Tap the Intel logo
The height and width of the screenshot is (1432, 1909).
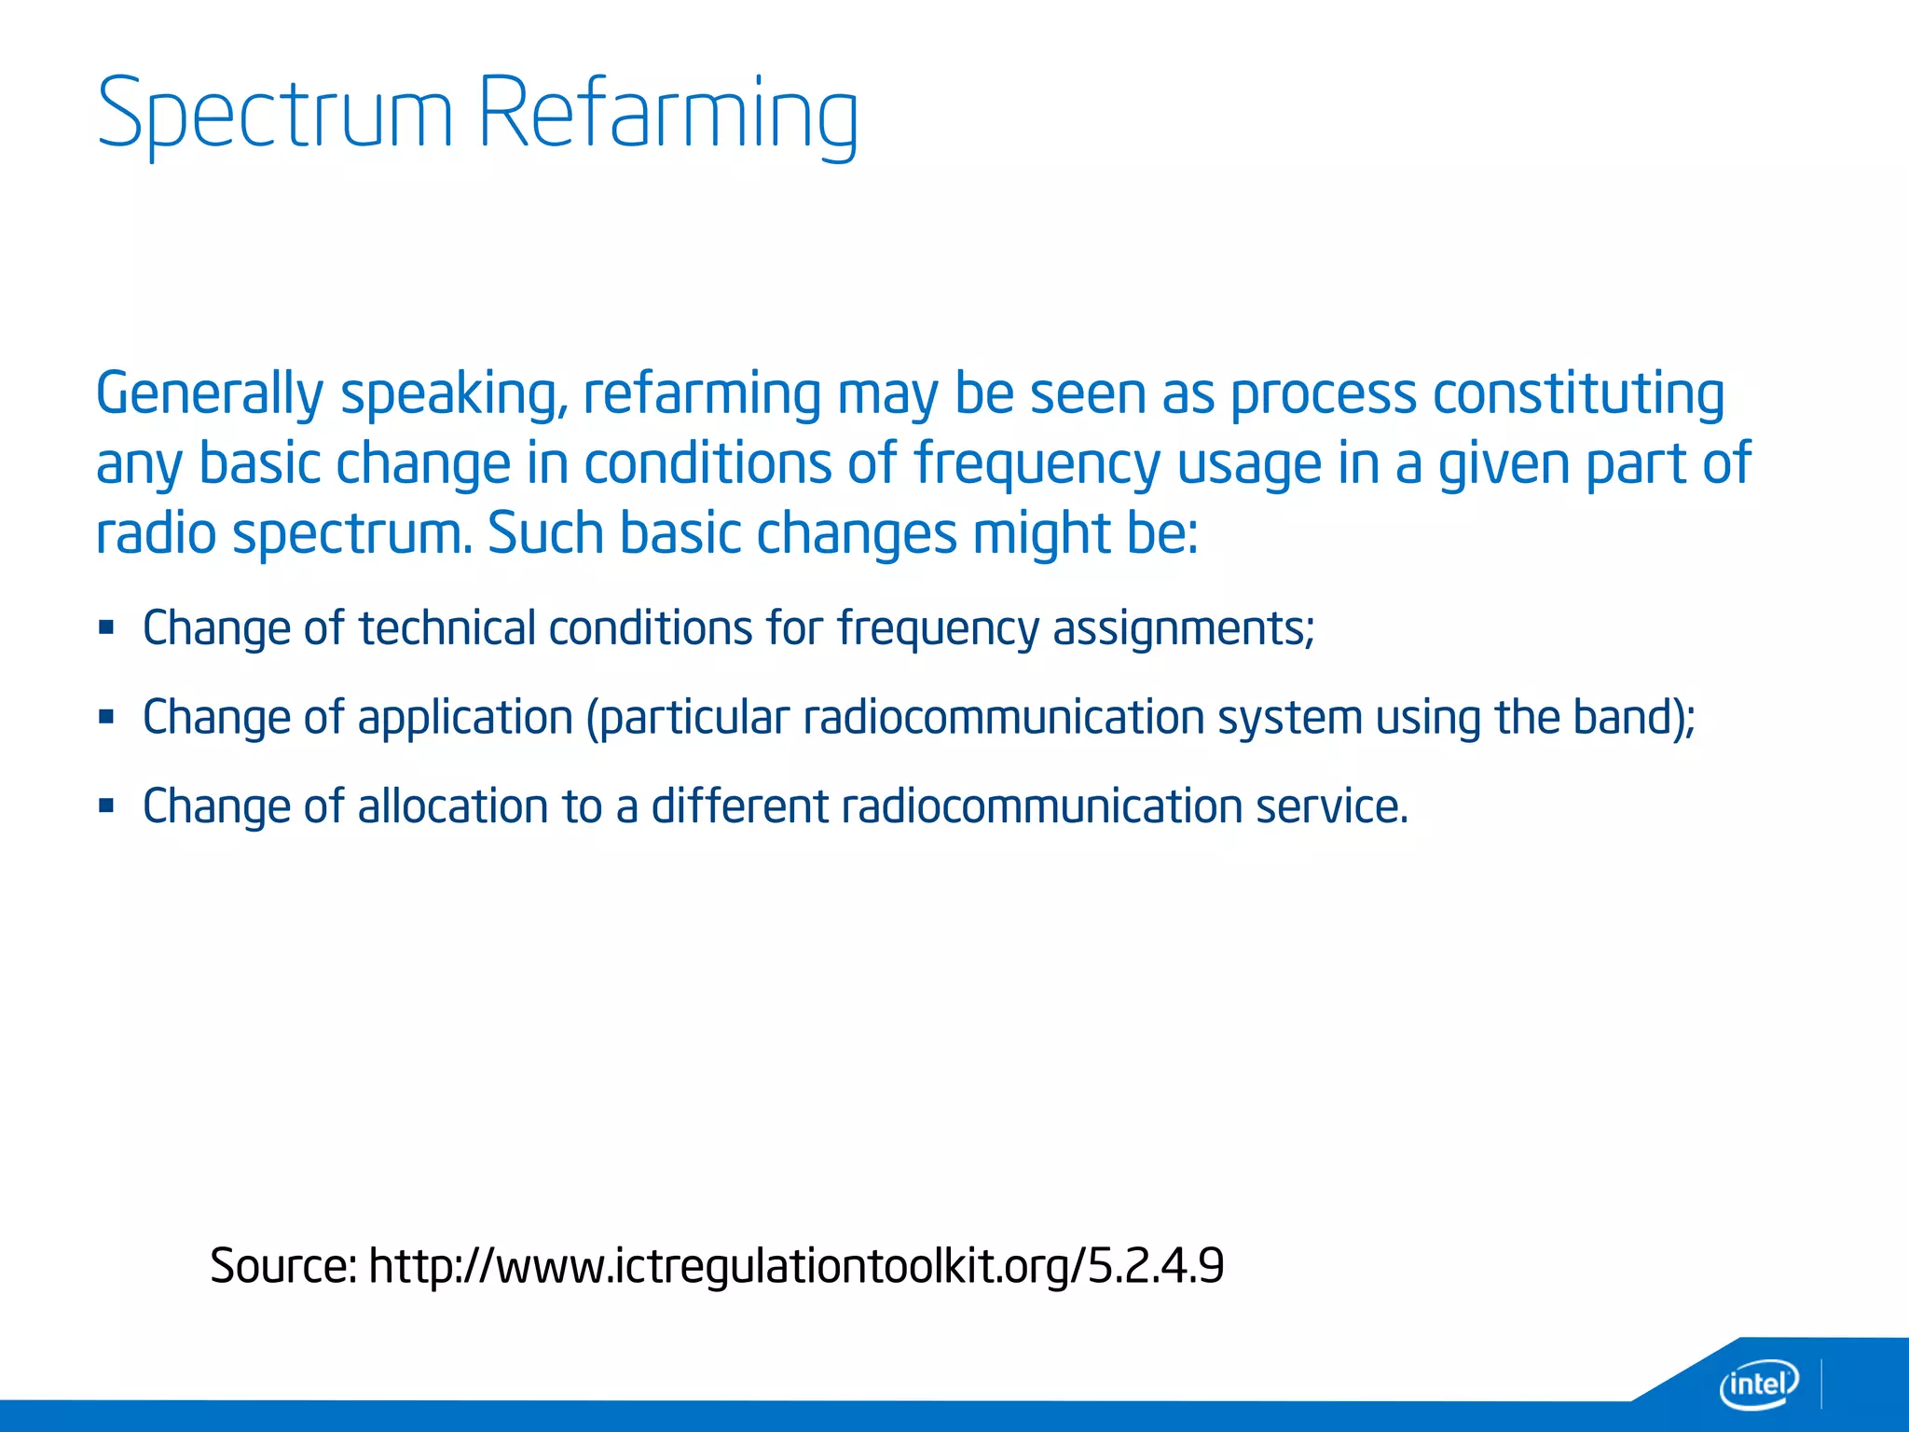[1758, 1384]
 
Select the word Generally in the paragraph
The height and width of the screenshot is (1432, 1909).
[209, 394]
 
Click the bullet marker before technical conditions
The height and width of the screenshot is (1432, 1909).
[106, 627]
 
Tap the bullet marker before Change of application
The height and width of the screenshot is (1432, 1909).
[106, 717]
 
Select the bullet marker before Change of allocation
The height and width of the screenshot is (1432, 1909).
[106, 805]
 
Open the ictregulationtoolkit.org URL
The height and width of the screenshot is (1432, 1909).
[796, 1266]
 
